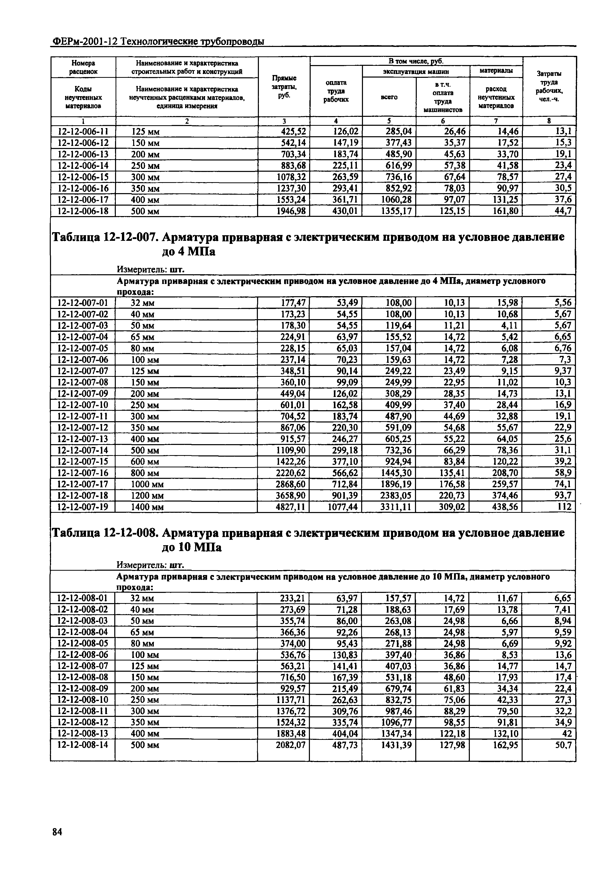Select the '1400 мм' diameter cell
pyautogui.click(x=147, y=507)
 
